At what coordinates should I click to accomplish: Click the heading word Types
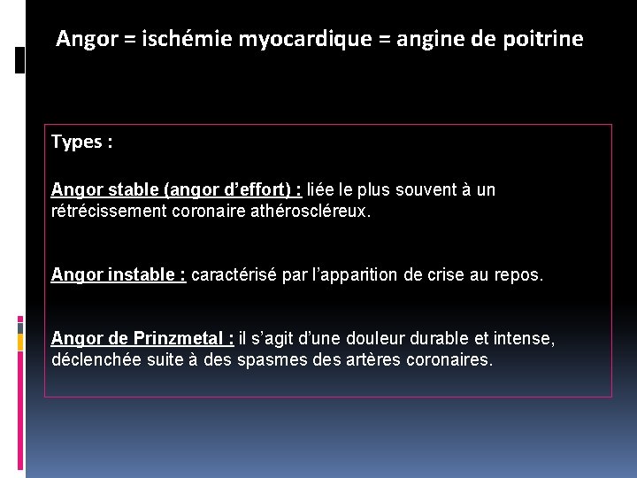pos(77,143)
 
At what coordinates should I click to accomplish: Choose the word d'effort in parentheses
pos(252,189)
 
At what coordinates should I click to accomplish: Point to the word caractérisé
pos(233,274)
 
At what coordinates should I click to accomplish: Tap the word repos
pos(519,274)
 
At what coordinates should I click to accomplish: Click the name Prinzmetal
pos(181,338)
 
